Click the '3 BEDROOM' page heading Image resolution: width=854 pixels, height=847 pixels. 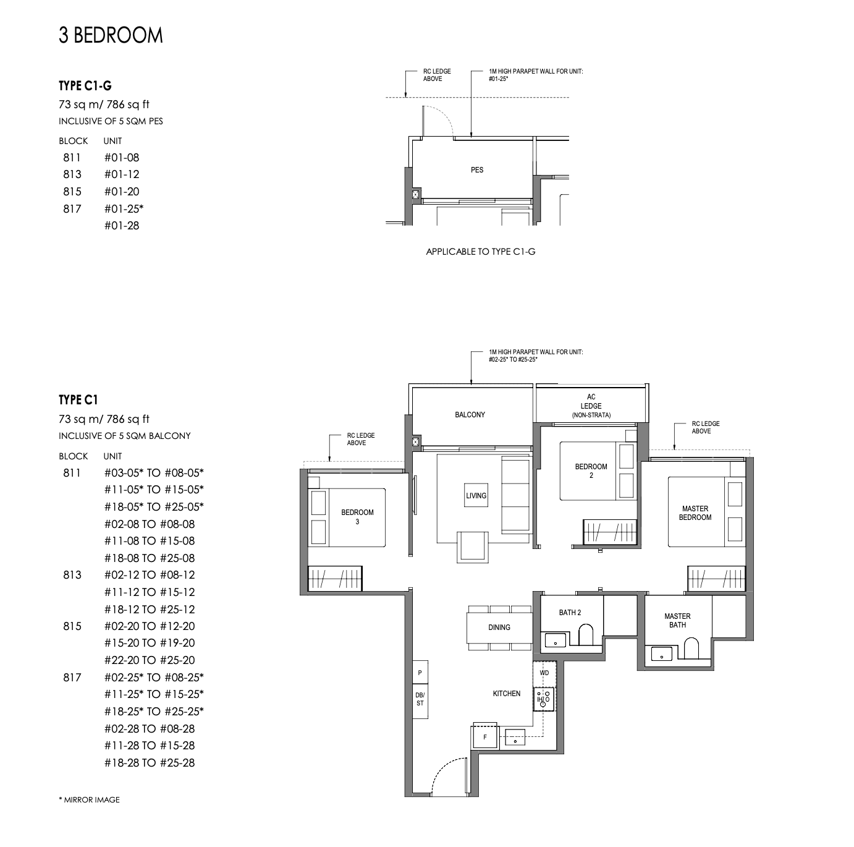pos(111,35)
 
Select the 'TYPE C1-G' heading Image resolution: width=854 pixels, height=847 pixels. pos(85,86)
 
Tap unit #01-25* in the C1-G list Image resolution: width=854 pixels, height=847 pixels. pos(124,208)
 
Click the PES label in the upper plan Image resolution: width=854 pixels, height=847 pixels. pos(476,170)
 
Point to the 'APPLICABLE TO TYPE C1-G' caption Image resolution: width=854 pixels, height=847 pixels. pos(480,252)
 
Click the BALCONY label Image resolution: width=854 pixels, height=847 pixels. pos(470,415)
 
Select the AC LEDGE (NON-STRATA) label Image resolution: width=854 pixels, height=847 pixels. pos(591,406)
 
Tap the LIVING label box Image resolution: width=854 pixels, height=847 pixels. pos(476,496)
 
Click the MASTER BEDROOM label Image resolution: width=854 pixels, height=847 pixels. pos(695,513)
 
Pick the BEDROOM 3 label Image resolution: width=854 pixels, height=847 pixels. pos(357,517)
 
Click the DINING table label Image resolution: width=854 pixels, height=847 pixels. pos(499,628)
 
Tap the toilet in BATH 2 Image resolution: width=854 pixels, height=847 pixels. pos(585,635)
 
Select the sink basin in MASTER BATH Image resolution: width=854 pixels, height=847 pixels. pos(661,653)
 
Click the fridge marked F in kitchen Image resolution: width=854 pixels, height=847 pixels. pos(485,737)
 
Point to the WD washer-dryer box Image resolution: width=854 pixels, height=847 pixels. pos(544,673)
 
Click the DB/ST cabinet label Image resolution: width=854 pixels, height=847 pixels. pos(420,699)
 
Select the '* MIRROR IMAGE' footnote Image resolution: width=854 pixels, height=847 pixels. pos(89,799)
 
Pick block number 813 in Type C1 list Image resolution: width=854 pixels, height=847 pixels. pos(72,575)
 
